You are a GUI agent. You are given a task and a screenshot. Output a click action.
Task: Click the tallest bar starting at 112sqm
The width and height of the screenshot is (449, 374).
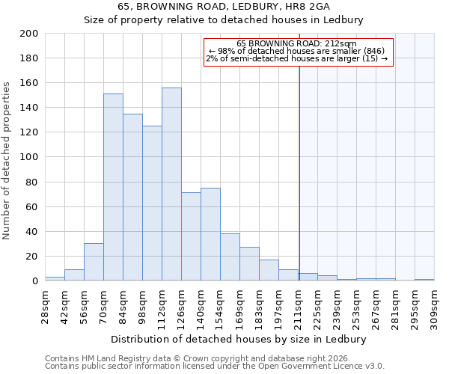point(171,184)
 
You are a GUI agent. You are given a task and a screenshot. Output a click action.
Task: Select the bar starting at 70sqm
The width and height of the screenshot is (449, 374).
point(113,187)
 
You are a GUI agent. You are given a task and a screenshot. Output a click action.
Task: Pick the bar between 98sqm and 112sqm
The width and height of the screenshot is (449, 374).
point(152,203)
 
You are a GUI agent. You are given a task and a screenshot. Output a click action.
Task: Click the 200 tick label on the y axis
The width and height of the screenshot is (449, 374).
point(29,34)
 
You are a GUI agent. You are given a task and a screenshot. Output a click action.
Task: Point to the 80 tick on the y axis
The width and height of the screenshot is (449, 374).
point(32,182)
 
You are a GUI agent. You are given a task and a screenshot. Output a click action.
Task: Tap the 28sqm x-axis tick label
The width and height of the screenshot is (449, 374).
point(45,304)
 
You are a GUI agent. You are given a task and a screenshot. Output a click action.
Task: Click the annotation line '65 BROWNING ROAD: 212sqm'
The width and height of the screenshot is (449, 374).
point(297,43)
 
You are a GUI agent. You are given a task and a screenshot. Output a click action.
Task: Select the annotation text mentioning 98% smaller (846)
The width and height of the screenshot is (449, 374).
point(297,51)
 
